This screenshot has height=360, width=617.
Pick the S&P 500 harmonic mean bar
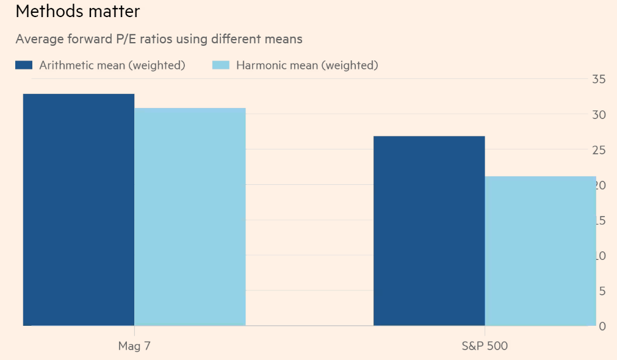[x=540, y=251]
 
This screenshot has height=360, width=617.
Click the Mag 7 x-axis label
[x=134, y=346]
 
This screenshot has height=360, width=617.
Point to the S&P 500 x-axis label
[x=485, y=346]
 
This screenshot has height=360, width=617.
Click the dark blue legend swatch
[x=24, y=65]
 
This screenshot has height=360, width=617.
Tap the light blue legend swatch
[x=220, y=65]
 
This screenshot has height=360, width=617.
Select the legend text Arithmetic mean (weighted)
[x=112, y=65]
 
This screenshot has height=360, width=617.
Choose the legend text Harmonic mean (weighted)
[x=307, y=65]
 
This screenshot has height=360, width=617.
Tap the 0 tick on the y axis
[x=602, y=326]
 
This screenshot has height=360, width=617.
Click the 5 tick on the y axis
[x=602, y=290]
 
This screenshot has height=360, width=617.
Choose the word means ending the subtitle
[x=283, y=39]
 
